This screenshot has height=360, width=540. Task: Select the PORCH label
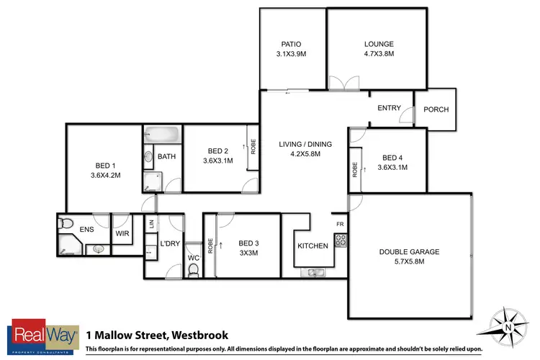coord(436,109)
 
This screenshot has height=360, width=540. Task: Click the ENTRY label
coord(389,108)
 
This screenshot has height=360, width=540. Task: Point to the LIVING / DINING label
coord(305,144)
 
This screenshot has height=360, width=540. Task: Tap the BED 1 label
coord(104,164)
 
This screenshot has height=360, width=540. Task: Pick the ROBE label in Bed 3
coord(210,246)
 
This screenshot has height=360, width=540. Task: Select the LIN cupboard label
coord(151,224)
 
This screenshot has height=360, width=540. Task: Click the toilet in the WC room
coord(192,269)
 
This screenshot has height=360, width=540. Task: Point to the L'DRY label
coord(169,244)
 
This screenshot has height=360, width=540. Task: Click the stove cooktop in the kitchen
coord(341,240)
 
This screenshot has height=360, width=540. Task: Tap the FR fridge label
coord(340,224)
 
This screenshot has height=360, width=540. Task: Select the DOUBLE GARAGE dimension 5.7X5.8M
coord(408,262)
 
